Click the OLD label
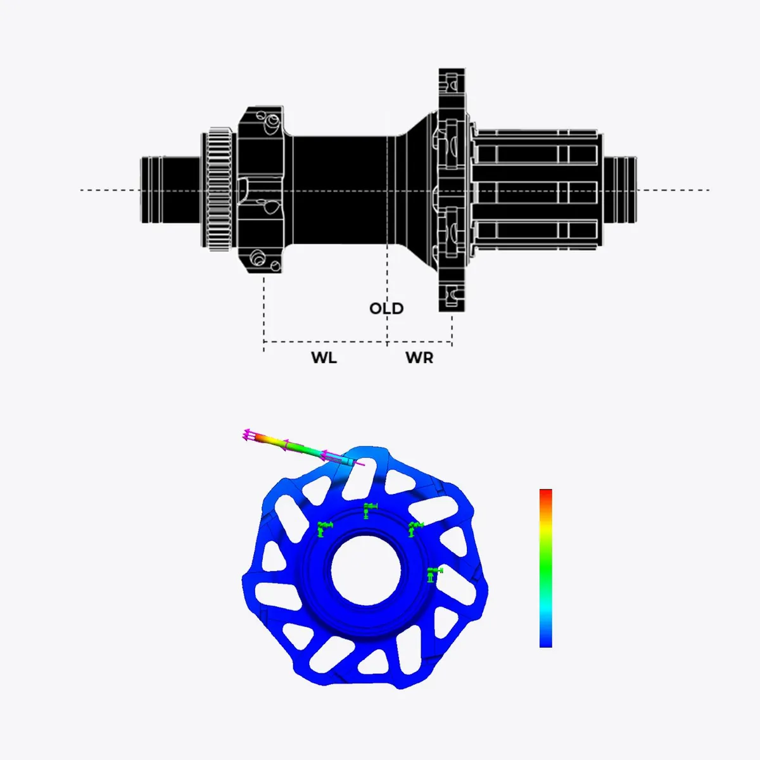[386, 308]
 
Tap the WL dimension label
[324, 358]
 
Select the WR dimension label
[419, 358]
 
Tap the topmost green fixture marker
[369, 510]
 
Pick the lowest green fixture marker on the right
[434, 574]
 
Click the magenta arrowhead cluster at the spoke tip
[248, 434]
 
